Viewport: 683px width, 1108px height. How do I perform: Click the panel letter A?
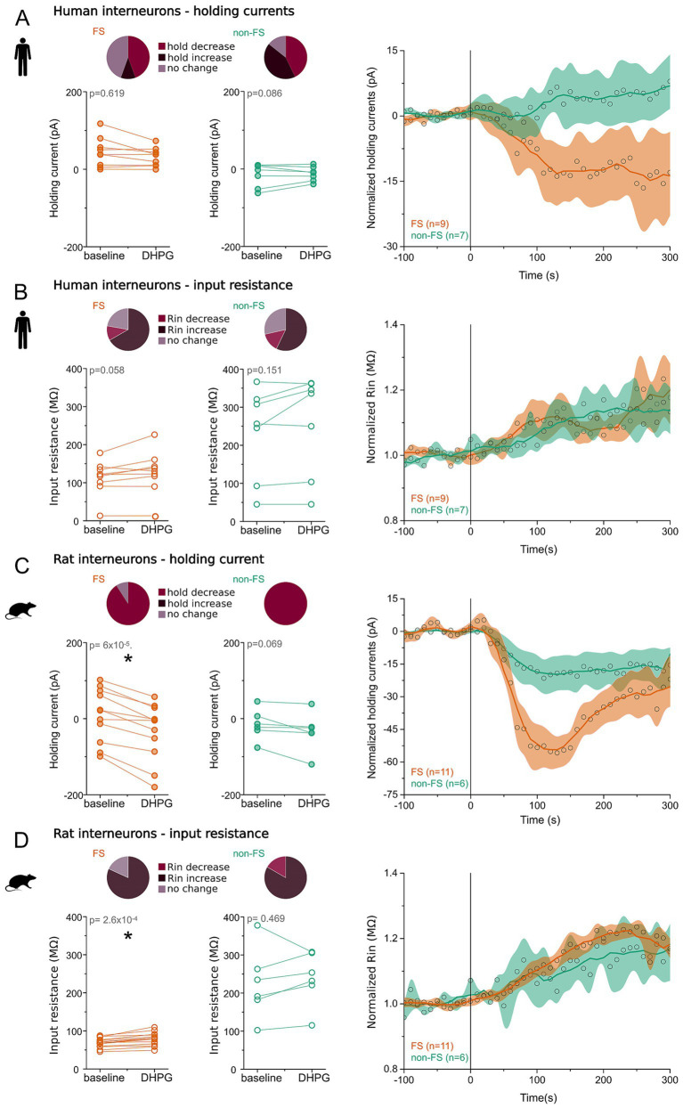pyautogui.click(x=23, y=18)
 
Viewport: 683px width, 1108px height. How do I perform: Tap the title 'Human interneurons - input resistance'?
pyautogui.click(x=173, y=285)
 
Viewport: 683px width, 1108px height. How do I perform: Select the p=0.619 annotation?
pyautogui.click(x=107, y=94)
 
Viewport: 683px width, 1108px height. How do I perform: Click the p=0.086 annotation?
pyautogui.click(x=264, y=94)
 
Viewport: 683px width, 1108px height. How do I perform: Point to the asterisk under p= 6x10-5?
pyautogui.click(x=128, y=659)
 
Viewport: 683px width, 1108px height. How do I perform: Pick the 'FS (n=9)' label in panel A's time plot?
pyautogui.click(x=429, y=224)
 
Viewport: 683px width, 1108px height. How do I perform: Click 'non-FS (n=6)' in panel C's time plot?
pyautogui.click(x=439, y=784)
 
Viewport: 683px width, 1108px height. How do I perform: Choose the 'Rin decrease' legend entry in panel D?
pyautogui.click(x=194, y=868)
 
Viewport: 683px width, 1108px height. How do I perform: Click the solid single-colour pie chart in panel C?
pyautogui.click(x=285, y=604)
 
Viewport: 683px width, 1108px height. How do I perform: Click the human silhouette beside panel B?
pyautogui.click(x=23, y=330)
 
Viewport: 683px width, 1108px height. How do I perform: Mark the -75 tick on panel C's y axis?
pyautogui.click(x=391, y=794)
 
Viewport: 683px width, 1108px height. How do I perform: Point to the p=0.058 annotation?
pyautogui.click(x=107, y=371)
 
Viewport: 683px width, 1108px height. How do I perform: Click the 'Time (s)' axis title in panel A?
pyautogui.click(x=539, y=275)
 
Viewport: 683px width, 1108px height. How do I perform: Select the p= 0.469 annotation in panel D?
pyautogui.click(x=266, y=918)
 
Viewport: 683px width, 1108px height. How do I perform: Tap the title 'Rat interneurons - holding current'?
pyautogui.click(x=159, y=559)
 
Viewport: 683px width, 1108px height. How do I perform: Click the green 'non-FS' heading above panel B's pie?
pyautogui.click(x=248, y=306)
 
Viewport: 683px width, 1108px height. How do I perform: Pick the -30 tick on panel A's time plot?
pyautogui.click(x=391, y=247)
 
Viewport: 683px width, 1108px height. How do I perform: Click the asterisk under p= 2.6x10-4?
pyautogui.click(x=128, y=936)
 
